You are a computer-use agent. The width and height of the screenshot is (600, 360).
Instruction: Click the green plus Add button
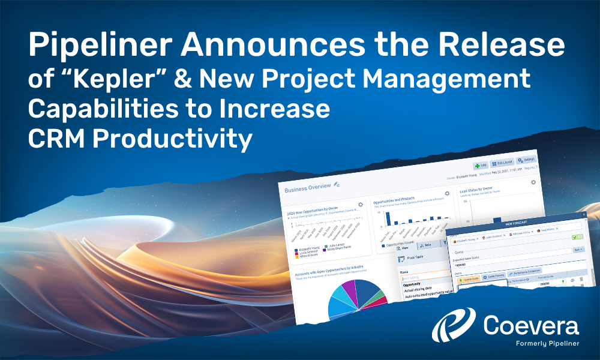pyautogui.click(x=480, y=164)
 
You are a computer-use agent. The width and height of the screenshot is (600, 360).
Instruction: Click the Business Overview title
pyautogui.click(x=307, y=187)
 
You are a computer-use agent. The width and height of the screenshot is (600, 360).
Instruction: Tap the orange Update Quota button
pyautogui.click(x=468, y=280)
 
